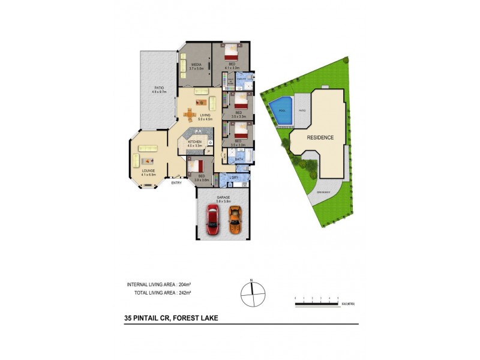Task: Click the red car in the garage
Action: [212, 220]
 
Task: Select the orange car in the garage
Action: [235, 220]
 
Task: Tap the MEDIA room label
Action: [196, 64]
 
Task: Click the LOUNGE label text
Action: [149, 170]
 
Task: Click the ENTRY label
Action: [176, 183]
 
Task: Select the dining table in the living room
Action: [190, 113]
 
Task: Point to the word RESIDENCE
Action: [320, 137]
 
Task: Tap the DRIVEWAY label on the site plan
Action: [323, 191]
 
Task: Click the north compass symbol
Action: [253, 293]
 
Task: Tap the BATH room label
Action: [238, 159]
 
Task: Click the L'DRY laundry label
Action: [235, 178]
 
